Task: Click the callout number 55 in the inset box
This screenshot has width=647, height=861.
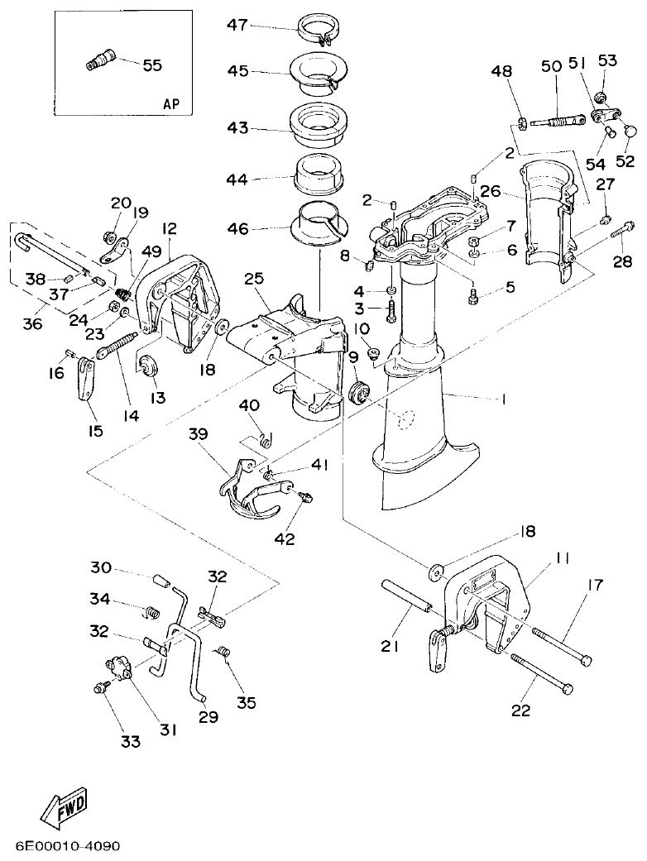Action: coord(152,65)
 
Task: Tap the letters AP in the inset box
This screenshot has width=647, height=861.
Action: coord(171,104)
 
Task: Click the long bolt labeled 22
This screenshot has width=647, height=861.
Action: coord(542,673)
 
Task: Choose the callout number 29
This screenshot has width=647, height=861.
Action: coord(208,717)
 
